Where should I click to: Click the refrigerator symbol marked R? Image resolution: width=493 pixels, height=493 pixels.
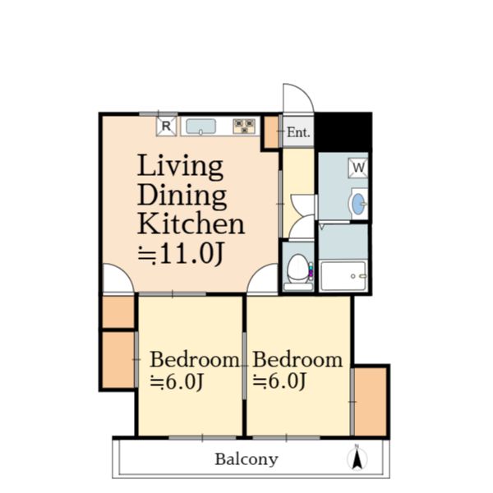click(x=166, y=127)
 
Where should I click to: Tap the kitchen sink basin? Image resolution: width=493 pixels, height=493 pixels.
click(x=200, y=127)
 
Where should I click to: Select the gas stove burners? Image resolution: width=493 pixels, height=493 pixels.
click(x=244, y=127)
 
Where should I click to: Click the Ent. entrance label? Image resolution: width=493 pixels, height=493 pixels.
click(x=298, y=132)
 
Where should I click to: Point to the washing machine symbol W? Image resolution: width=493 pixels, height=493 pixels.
click(x=358, y=168)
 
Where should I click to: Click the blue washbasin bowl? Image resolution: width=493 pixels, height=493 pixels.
click(x=358, y=204)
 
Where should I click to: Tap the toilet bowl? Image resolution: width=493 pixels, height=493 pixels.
click(x=298, y=269)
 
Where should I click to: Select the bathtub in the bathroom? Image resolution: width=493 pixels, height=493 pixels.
click(x=343, y=276)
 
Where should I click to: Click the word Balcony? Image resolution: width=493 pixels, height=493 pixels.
click(x=246, y=459)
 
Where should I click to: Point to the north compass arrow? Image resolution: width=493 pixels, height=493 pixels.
click(x=357, y=458)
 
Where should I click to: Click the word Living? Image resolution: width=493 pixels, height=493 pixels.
click(x=180, y=167)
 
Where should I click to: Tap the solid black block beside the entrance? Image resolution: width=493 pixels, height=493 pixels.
click(x=343, y=132)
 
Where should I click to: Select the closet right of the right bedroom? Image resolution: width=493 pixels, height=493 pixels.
click(x=371, y=402)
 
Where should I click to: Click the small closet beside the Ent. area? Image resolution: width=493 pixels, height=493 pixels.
click(x=271, y=132)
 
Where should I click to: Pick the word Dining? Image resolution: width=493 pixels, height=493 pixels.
click(x=182, y=196)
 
